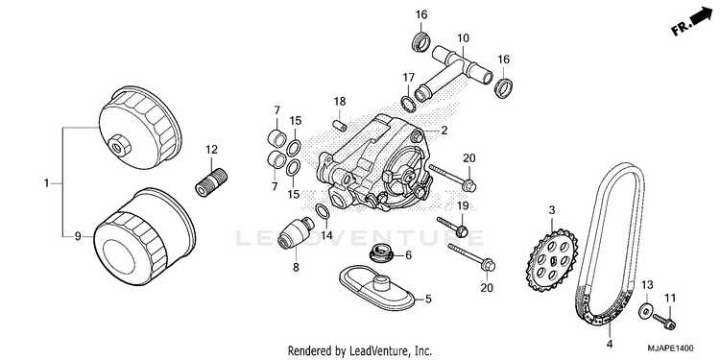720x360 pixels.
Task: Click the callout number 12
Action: [212, 149]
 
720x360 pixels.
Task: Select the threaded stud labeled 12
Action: [211, 182]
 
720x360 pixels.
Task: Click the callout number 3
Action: [551, 210]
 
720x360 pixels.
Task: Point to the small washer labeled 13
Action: [645, 312]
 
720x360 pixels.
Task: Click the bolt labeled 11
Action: [665, 320]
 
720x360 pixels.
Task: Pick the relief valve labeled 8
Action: [297, 233]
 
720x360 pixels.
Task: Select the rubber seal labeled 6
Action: [381, 253]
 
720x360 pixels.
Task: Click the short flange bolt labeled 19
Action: [452, 225]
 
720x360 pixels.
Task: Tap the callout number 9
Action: [78, 236]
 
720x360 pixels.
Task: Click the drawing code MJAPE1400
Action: [671, 348]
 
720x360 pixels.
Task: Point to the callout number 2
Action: [444, 131]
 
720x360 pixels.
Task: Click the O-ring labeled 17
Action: [409, 105]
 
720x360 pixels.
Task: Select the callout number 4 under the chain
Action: [610, 344]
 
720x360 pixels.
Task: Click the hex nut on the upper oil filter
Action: [122, 145]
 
